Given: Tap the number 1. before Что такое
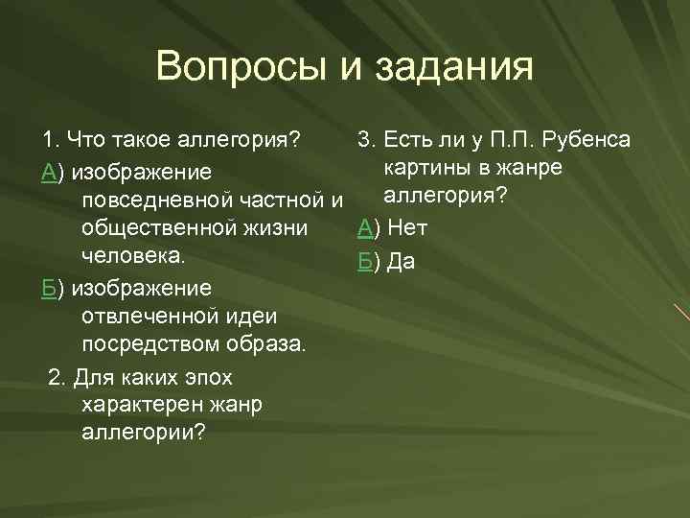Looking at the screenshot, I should click(50, 141).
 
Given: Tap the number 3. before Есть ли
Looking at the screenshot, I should click(365, 141).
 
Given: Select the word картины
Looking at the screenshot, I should click(428, 170).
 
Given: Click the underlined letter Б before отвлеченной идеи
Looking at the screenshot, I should click(49, 288).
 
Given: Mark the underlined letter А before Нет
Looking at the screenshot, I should click(364, 228).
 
